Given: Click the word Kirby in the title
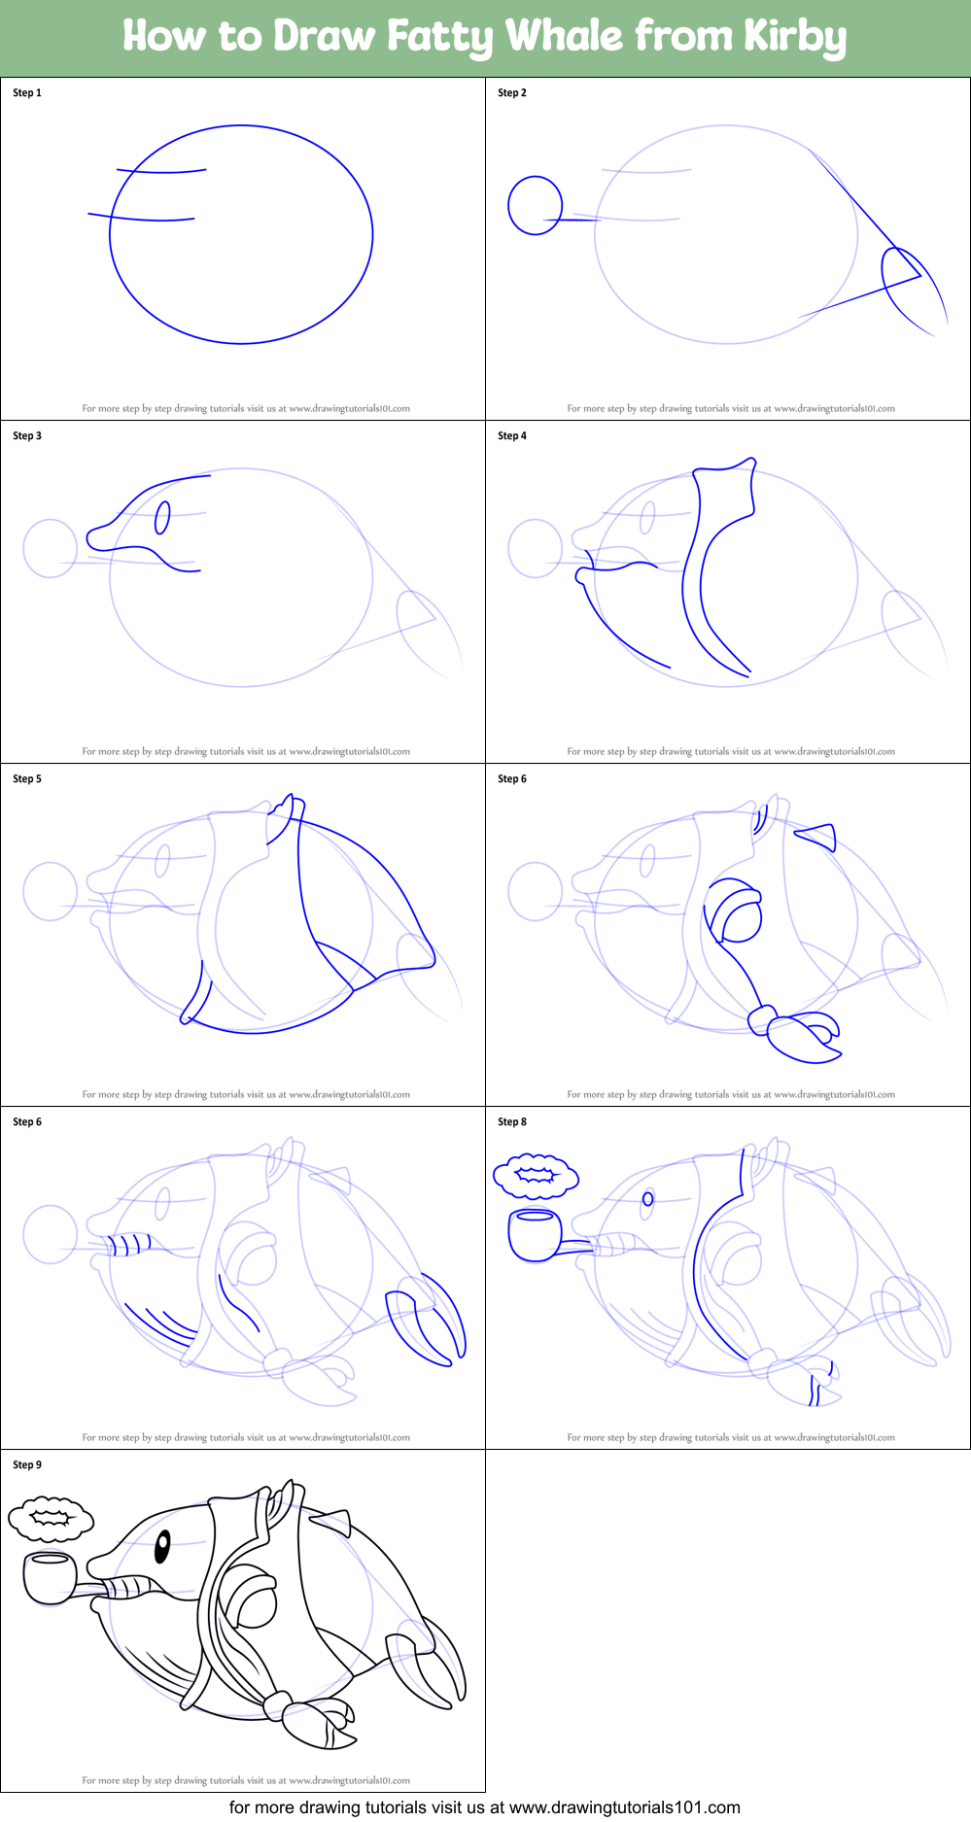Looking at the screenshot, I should coord(795,37).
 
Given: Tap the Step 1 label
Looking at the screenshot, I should coord(27,93).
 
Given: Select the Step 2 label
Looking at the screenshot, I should coord(512,93).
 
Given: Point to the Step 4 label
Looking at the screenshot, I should coord(512,436).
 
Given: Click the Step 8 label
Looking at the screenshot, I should coord(512,1122).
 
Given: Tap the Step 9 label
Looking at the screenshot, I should coord(27,1465).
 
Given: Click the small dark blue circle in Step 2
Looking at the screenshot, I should coord(535,205).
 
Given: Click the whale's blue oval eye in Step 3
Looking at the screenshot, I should coord(162,518).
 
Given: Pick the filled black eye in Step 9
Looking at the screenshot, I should coord(162,1544).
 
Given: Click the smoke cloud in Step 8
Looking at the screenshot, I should coord(536,1176).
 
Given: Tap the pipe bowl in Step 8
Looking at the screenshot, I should coord(535,1234).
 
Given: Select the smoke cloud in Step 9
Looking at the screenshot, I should coord(51,1520).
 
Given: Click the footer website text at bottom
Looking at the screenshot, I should coord(484,1807).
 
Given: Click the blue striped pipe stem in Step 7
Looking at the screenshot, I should coord(129,1245).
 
